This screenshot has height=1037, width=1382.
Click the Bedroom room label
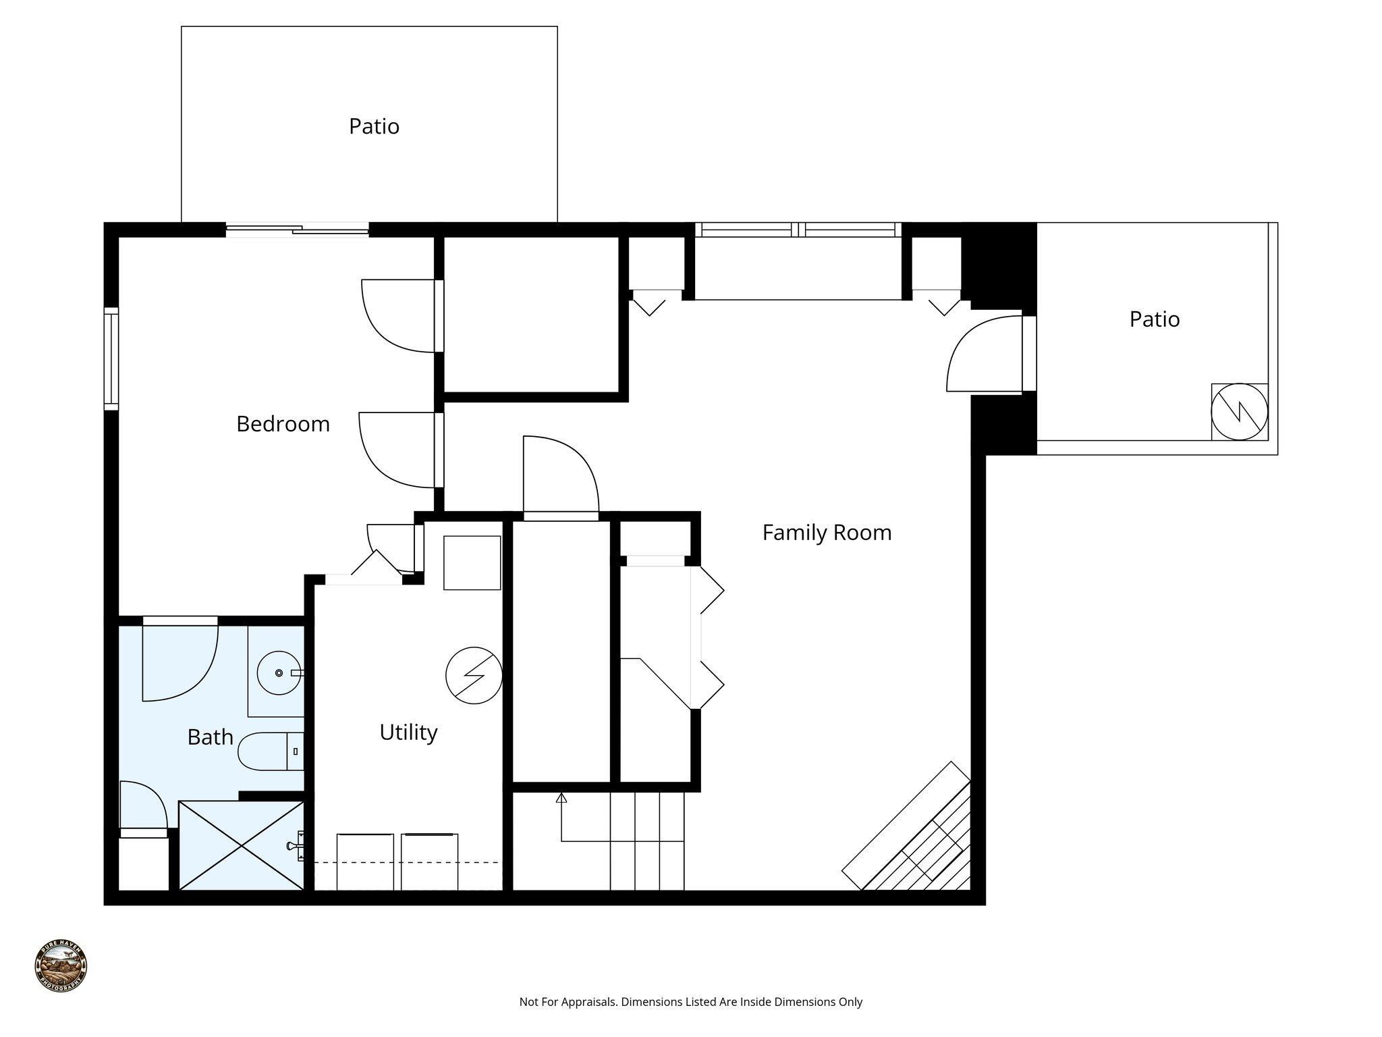[x=283, y=424]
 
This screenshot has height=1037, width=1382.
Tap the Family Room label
[x=827, y=533]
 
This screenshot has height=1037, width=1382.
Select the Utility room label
[x=408, y=733]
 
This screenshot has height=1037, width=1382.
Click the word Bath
[x=210, y=737]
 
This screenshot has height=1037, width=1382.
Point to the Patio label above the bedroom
[x=374, y=127]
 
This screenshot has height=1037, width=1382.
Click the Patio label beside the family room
[x=1154, y=319]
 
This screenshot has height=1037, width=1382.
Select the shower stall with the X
[x=241, y=846]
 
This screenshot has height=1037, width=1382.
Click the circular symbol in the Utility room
[x=474, y=675]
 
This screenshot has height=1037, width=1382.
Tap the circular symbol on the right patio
[x=1239, y=412]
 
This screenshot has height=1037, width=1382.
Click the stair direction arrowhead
[x=561, y=798]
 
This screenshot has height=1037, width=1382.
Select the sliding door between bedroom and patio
[x=297, y=230]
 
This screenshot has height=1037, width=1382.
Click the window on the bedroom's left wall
[x=111, y=358]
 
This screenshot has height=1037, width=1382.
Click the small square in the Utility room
[x=472, y=562]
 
